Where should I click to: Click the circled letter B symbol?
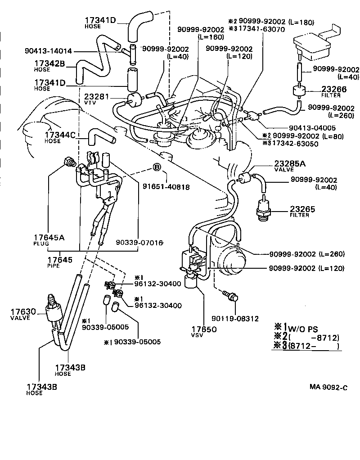(x=157, y=168)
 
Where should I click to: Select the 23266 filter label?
(x=333, y=91)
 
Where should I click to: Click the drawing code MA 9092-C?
(x=328, y=387)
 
